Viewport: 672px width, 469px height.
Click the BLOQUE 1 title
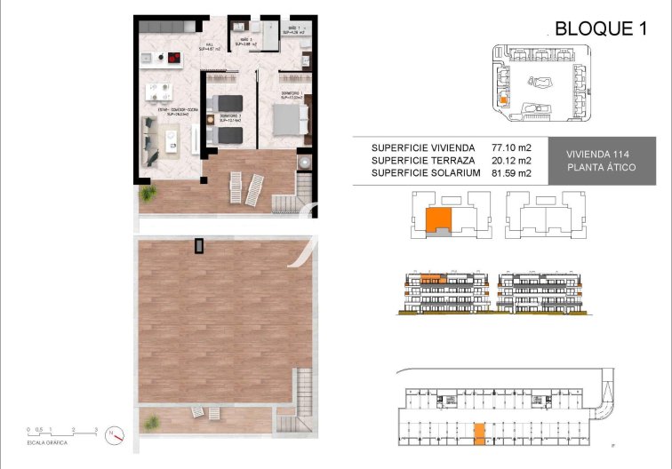tap(600, 28)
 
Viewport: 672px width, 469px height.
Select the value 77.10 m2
tap(511, 147)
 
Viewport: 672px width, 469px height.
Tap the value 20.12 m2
tap(511, 161)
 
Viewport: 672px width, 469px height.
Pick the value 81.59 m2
tap(511, 173)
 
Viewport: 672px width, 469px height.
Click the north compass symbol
tap(114, 435)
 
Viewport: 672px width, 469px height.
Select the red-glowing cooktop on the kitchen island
tap(172, 61)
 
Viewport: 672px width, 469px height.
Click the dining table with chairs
tap(159, 91)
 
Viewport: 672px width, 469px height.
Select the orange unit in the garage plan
tap(479, 433)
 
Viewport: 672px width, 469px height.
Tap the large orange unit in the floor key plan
tap(437, 221)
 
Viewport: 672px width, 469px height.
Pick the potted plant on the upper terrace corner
tap(145, 192)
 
